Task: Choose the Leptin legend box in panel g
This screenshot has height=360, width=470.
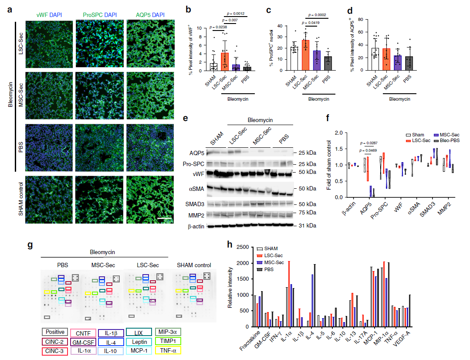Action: (x=139, y=341)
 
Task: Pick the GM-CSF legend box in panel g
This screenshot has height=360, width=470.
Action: (x=84, y=341)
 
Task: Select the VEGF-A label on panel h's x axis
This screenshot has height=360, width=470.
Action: (x=406, y=338)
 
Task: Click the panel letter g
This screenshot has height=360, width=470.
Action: (x=30, y=245)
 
